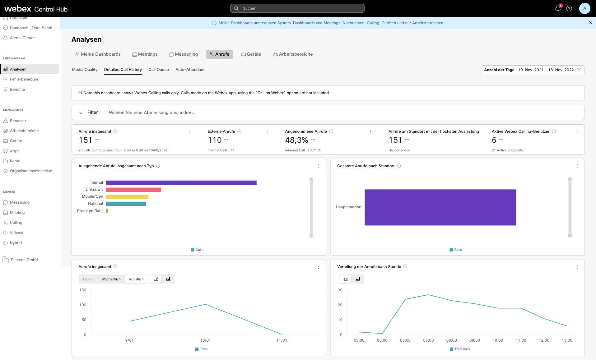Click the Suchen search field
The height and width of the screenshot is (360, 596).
tap(297, 8)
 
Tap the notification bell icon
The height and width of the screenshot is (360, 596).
tap(558, 8)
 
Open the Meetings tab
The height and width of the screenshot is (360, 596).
tap(145, 54)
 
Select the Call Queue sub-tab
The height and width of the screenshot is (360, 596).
tap(159, 70)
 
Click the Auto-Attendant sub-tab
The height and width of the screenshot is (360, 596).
tap(190, 70)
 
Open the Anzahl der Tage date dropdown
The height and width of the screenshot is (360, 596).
tap(533, 70)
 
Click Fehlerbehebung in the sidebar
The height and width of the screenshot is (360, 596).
tap(25, 79)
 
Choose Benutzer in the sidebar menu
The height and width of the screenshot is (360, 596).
tap(18, 121)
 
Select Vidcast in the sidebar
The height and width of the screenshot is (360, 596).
tap(16, 233)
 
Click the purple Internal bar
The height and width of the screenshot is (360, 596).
tap(181, 183)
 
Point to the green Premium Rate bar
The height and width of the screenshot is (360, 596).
tap(107, 211)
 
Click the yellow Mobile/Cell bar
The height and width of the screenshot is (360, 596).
tap(127, 197)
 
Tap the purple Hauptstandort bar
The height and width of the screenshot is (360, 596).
tap(440, 207)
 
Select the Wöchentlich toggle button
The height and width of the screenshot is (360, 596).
tap(111, 279)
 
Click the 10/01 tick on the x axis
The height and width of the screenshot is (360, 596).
tap(206, 340)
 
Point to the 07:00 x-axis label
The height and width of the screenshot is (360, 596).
tap(428, 340)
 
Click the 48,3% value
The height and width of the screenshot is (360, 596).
tap(296, 140)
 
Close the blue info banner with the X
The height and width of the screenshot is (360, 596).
tap(590, 22)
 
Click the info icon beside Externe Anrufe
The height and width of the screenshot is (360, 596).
tap(240, 132)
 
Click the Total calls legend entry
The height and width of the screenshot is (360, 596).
tap(460, 349)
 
